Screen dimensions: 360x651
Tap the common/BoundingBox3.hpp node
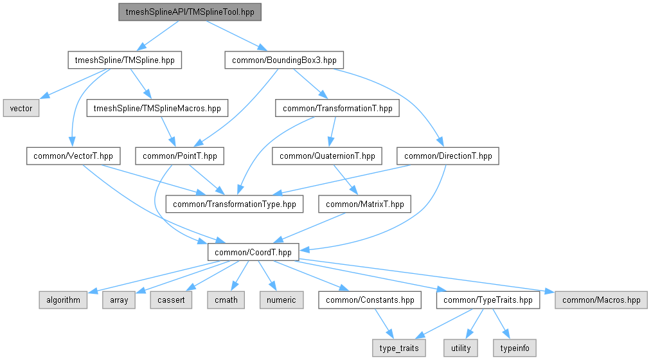pos(283,60)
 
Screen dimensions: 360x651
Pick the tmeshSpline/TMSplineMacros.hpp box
pos(157,108)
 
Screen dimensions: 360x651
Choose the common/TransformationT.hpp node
pos(337,108)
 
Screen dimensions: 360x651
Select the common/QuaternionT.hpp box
pos(328,156)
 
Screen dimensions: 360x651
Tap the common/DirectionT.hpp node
pos(448,156)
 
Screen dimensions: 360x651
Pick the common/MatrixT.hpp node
pos(365,204)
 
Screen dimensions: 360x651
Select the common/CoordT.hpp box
pos(253,252)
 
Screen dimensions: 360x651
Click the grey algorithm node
pos(62,300)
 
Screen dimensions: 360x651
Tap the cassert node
pos(172,300)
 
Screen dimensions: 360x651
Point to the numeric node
pos(280,300)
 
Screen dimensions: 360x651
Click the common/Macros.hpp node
pos(601,300)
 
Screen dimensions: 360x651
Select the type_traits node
pos(399,348)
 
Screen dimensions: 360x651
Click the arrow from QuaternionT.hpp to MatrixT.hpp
pos(344,179)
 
